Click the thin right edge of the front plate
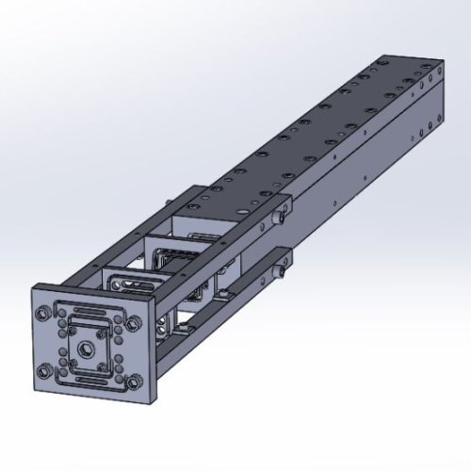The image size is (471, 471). click(150, 349)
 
